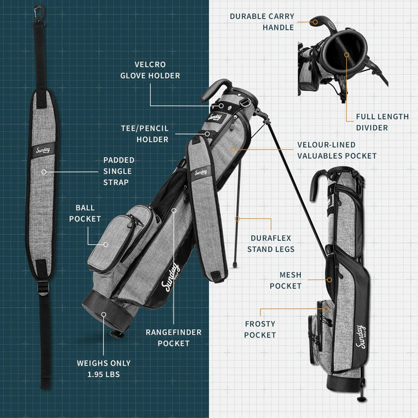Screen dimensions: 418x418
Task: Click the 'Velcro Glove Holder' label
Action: coord(150,70)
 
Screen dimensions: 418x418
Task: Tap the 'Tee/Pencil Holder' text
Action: coord(144,134)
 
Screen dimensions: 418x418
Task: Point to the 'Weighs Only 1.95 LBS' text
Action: coord(104,368)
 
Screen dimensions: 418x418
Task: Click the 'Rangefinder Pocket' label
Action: coord(174,338)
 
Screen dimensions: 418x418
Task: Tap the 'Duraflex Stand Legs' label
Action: coord(271,243)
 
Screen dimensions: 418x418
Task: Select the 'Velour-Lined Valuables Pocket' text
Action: coord(337,150)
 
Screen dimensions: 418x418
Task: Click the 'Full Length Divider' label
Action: coord(382,122)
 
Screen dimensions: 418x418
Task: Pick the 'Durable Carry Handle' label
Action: coord(262,22)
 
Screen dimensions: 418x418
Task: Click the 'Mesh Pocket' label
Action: coord(285,280)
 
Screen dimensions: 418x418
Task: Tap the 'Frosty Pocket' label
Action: coord(260,329)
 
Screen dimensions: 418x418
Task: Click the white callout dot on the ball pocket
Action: coord(106,244)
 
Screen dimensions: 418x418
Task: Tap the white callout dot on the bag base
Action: coord(104,314)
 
